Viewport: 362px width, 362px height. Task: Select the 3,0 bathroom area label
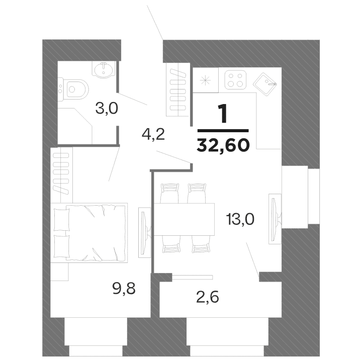[107, 108]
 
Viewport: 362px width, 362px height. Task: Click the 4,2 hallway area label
[154, 135]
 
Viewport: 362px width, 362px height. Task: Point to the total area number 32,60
[224, 145]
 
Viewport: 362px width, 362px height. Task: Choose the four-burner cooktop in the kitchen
[235, 79]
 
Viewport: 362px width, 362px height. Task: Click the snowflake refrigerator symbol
[205, 80]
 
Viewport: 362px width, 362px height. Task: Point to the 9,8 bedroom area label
[124, 289]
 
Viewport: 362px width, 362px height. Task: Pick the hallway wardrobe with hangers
[179, 89]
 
